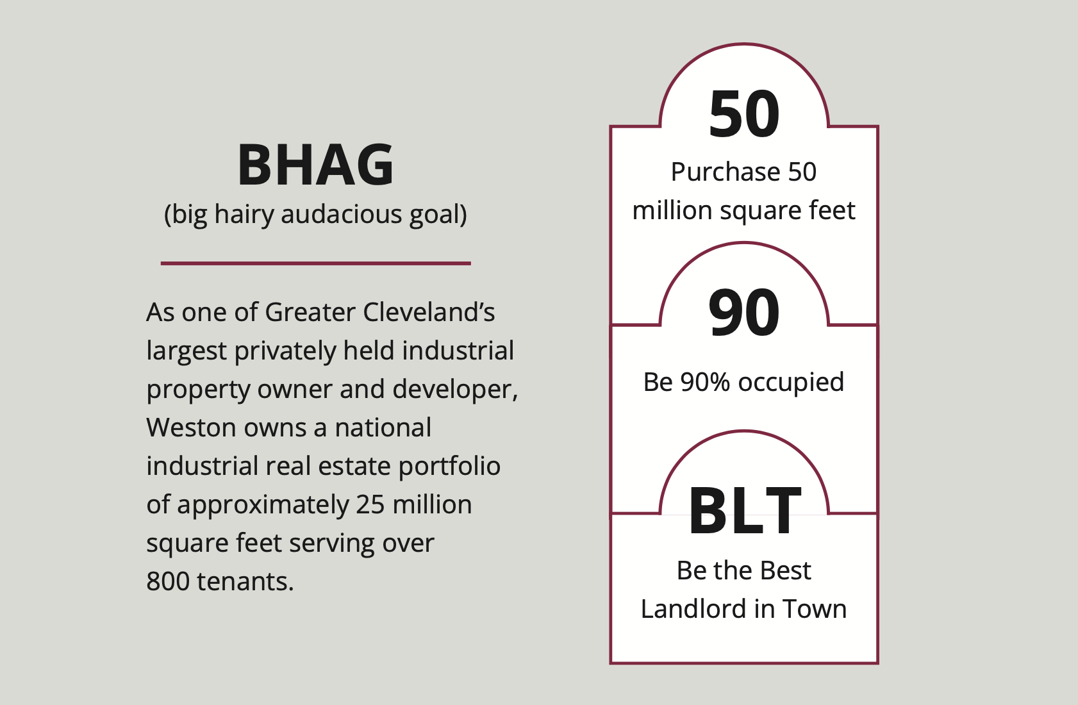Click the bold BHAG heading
click(x=316, y=164)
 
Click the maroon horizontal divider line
click(x=316, y=263)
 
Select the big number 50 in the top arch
click(x=744, y=114)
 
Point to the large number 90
click(x=744, y=312)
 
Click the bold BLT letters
click(x=745, y=511)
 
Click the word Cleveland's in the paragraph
click(x=429, y=312)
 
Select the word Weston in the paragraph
click(x=191, y=427)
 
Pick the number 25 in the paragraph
click(x=370, y=504)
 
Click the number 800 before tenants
click(x=167, y=581)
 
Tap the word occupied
click(x=791, y=383)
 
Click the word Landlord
click(x=693, y=609)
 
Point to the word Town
click(x=815, y=609)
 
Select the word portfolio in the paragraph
click(x=449, y=467)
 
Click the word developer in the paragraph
click(x=453, y=390)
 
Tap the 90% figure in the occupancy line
click(x=705, y=382)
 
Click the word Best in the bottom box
click(x=786, y=571)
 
